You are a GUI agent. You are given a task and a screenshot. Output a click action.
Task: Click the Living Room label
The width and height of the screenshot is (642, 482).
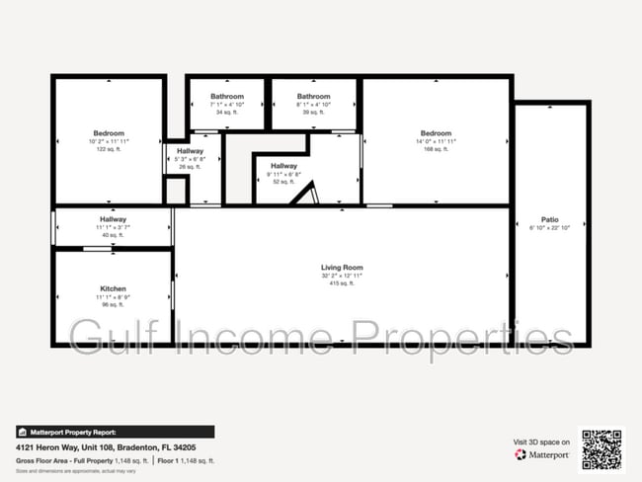tap(342, 268)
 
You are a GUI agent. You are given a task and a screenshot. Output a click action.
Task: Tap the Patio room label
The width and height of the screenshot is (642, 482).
tap(549, 219)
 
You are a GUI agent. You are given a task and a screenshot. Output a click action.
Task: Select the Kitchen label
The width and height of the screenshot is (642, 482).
tap(113, 288)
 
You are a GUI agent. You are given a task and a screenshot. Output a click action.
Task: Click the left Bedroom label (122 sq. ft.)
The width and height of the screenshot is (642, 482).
tap(109, 133)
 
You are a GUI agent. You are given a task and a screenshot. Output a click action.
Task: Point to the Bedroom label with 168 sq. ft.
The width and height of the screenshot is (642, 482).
tap(436, 133)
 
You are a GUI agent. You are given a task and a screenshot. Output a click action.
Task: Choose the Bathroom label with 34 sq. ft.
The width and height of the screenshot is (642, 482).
tap(226, 97)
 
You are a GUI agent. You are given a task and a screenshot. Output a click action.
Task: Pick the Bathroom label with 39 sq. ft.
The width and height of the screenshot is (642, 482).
tap(313, 97)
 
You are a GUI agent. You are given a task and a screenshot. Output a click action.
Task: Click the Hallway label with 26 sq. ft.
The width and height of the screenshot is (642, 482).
tap(191, 151)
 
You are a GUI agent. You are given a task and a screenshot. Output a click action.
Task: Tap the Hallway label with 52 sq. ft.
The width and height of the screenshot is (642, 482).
tap(283, 166)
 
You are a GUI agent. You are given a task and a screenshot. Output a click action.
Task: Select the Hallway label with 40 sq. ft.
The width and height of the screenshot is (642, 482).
tap(113, 219)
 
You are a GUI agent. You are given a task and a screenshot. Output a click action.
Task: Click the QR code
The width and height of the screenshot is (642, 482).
tap(602, 448)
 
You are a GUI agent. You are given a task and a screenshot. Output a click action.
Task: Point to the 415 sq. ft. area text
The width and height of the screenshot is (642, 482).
tap(342, 283)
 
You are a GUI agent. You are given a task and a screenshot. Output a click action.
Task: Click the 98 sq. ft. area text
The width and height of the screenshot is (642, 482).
tap(113, 304)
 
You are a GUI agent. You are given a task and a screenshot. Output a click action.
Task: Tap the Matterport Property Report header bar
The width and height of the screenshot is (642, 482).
tap(115, 432)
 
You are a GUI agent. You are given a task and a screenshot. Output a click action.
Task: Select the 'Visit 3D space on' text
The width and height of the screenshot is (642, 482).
tap(541, 442)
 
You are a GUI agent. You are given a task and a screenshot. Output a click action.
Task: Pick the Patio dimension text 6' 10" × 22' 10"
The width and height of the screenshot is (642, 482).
tap(549, 227)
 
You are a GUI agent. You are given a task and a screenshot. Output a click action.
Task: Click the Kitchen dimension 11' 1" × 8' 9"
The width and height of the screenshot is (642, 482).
tap(113, 296)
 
